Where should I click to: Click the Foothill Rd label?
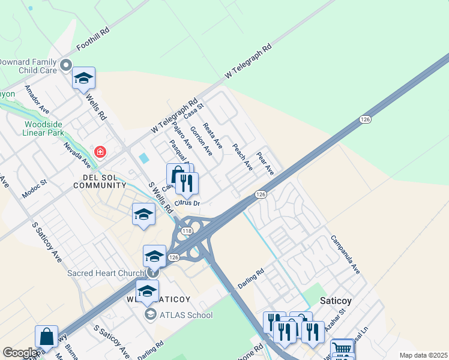(x=93, y=38)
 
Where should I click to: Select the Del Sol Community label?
(x=100, y=181)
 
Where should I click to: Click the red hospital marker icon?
(x=100, y=152)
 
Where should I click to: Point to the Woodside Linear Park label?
(x=43, y=128)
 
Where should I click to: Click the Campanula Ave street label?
(x=345, y=254)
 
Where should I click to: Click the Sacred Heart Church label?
(x=106, y=273)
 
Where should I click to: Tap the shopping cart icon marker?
(x=342, y=348)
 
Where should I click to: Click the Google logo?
(x=20, y=353)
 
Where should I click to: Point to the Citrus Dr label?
(x=187, y=203)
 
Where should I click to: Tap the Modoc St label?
(x=34, y=188)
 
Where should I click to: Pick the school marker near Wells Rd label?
(x=84, y=77)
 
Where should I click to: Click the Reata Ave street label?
(x=212, y=136)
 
